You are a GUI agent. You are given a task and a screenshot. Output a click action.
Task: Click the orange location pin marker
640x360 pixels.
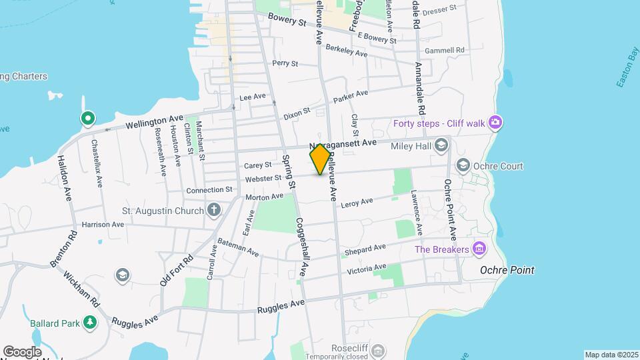click(x=320, y=159)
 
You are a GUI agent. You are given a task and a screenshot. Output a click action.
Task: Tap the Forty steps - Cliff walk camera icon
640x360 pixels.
click(x=495, y=123)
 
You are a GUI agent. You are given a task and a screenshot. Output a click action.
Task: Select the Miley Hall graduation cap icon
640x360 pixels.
click(x=441, y=145)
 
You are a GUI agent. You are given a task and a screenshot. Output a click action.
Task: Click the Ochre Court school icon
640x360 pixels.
click(x=462, y=165)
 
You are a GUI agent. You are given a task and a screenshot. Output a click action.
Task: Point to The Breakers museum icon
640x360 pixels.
click(x=479, y=249)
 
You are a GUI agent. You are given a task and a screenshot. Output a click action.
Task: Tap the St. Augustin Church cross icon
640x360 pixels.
click(x=214, y=211)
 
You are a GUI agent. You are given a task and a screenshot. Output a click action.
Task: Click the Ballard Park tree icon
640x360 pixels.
click(x=89, y=323)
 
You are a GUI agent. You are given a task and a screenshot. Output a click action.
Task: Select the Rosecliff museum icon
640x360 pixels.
click(x=378, y=350)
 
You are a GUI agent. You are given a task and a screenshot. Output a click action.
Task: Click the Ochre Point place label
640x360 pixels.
click(x=507, y=270)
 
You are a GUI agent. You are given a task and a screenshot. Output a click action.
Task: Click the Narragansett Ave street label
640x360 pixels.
click(x=343, y=143)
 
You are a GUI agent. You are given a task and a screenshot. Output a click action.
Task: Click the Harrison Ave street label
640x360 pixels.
click(x=103, y=225)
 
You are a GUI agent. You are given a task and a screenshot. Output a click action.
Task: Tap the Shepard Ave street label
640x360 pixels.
click(x=365, y=250)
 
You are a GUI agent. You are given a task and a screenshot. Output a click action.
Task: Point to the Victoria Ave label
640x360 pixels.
click(x=367, y=269)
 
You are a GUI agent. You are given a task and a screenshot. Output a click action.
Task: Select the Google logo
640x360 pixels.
click(x=21, y=352)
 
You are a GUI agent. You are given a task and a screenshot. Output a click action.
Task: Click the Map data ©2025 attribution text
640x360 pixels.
click(x=611, y=355)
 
